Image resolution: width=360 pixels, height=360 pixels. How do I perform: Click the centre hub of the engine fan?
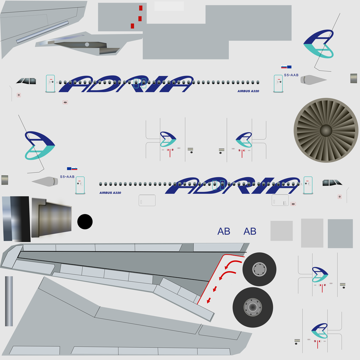click(x=326, y=130)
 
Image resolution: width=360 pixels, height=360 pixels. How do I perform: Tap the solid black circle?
click(x=85, y=221)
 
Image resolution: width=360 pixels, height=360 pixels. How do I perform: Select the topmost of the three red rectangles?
click(x=141, y=8)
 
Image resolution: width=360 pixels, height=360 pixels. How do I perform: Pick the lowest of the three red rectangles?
click(x=132, y=26)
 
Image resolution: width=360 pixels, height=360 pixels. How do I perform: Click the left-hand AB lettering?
click(x=224, y=231)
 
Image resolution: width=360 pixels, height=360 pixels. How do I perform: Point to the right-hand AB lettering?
click(x=250, y=231)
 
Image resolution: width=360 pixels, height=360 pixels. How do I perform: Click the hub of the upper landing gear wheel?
click(x=259, y=269)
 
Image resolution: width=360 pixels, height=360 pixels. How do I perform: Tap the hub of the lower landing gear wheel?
click(x=253, y=307)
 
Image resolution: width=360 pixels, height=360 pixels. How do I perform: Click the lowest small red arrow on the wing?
click(x=209, y=300)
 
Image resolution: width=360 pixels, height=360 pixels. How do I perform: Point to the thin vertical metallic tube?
click(x=9, y=301)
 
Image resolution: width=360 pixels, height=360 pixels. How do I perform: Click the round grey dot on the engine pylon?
click(x=87, y=45)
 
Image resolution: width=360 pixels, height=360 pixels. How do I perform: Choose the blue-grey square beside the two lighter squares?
click(x=340, y=233)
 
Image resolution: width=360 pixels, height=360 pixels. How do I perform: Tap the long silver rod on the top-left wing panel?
click(x=43, y=32)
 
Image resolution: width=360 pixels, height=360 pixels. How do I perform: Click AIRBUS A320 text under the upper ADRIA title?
click(x=248, y=91)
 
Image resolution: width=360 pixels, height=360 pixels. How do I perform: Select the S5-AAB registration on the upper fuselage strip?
click(x=291, y=75)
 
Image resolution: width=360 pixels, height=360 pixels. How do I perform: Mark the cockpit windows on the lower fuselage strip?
click(x=332, y=183)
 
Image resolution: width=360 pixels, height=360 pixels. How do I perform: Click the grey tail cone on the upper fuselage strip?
click(x=313, y=80)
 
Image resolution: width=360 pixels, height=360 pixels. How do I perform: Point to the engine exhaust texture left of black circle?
click(x=51, y=218)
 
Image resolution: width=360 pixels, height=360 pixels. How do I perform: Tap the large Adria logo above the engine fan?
click(x=319, y=44)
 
